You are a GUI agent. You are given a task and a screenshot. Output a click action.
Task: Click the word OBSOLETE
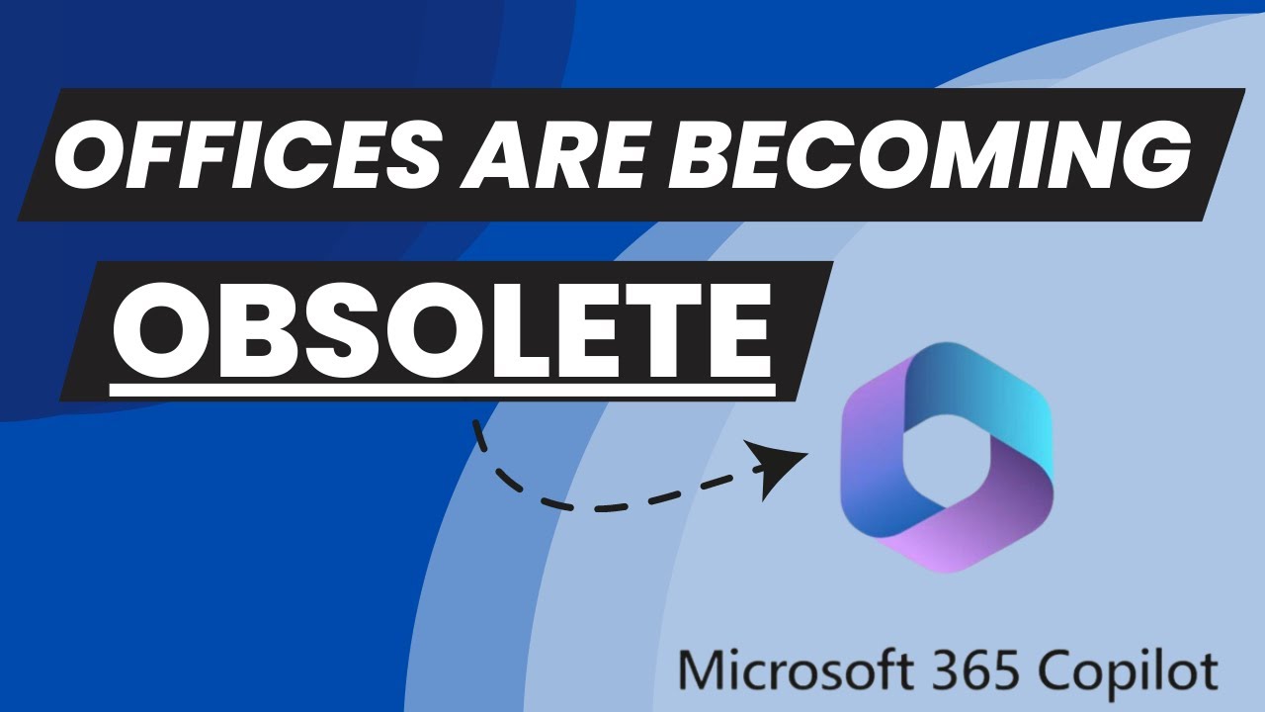pos(441,325)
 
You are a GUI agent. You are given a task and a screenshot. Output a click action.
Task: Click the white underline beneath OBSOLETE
pos(441,392)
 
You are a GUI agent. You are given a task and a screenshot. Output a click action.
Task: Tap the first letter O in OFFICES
pos(84,156)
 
